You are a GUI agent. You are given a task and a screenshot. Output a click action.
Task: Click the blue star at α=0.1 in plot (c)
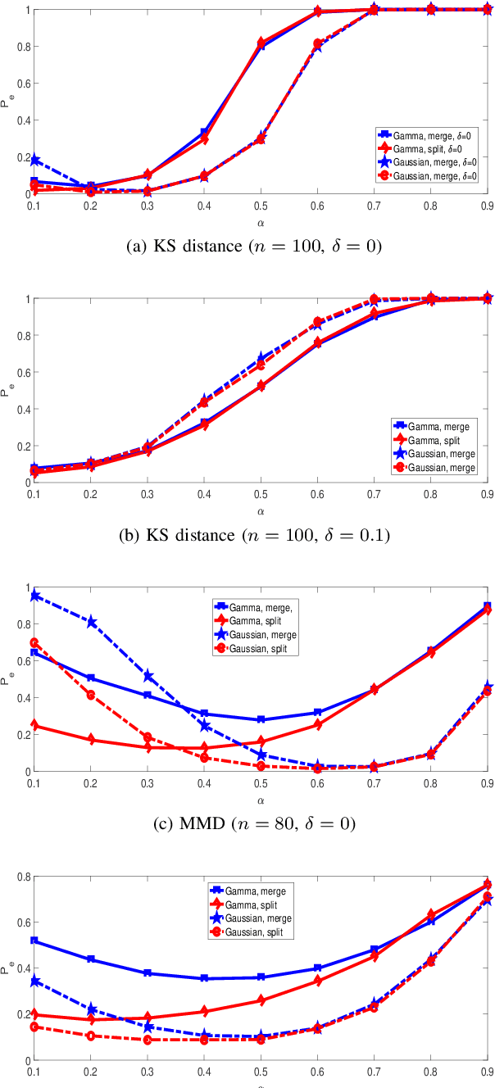(x=34, y=596)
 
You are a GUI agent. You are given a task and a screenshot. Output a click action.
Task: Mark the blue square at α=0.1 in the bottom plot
(x=34, y=941)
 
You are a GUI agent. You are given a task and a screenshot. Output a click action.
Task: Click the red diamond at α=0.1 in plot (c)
(x=34, y=726)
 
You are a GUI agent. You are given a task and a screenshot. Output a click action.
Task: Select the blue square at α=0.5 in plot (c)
(x=261, y=719)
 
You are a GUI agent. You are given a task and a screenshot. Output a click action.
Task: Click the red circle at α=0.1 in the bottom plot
(x=34, y=1027)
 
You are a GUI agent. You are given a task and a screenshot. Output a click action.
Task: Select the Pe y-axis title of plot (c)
(x=7, y=679)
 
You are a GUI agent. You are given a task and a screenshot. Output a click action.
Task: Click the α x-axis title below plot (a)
(x=261, y=220)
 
